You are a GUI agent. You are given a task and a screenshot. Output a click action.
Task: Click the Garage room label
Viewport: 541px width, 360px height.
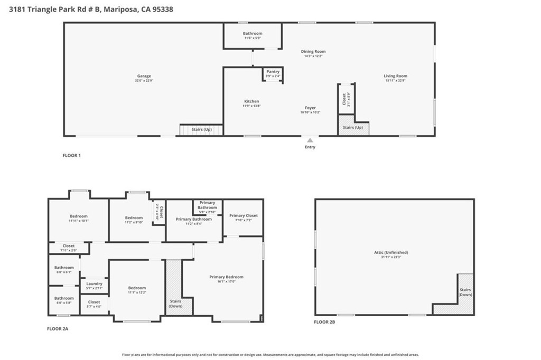coord(144,76)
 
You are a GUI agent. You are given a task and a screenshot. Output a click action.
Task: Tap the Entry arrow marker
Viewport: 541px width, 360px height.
coord(310,140)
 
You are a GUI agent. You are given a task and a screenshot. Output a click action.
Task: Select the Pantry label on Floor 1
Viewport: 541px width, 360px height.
coord(273,72)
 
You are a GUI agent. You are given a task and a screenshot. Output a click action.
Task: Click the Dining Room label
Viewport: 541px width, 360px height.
coord(313,52)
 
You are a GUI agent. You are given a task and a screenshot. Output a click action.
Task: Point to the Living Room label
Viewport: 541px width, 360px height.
coord(395,76)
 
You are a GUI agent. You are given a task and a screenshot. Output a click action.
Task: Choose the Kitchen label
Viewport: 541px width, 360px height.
coord(251,101)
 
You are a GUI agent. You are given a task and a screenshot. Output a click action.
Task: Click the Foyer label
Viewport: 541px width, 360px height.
coord(310,108)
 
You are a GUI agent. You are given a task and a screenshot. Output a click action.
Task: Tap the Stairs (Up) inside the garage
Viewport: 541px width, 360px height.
coord(201,129)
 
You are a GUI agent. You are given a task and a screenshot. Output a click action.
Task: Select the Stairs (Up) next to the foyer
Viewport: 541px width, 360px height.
coord(353,128)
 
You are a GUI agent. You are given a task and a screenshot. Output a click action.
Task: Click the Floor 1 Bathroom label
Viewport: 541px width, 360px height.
coord(253,34)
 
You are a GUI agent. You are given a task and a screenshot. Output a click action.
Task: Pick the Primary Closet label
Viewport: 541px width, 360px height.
coord(244,215)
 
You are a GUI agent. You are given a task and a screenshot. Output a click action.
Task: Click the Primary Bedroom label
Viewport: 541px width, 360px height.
coord(226,277)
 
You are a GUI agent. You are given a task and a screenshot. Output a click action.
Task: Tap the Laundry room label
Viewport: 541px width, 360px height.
coord(94,283)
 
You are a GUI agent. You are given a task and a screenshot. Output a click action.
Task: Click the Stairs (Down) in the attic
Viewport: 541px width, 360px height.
coord(465,292)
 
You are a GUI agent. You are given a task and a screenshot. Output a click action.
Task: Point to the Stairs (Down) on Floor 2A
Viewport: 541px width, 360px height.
coord(175,303)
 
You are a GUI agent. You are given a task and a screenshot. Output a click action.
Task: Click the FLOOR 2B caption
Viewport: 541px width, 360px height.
coord(324,321)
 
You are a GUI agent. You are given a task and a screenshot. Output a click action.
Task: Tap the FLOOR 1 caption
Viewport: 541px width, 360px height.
coord(71,155)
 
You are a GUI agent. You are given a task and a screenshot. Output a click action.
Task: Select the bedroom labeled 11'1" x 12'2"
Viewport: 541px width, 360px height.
coord(137,288)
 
